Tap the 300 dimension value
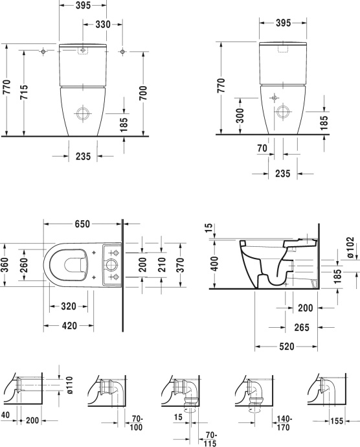point(240,116)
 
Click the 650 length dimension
point(81,225)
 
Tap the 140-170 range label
point(284,423)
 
